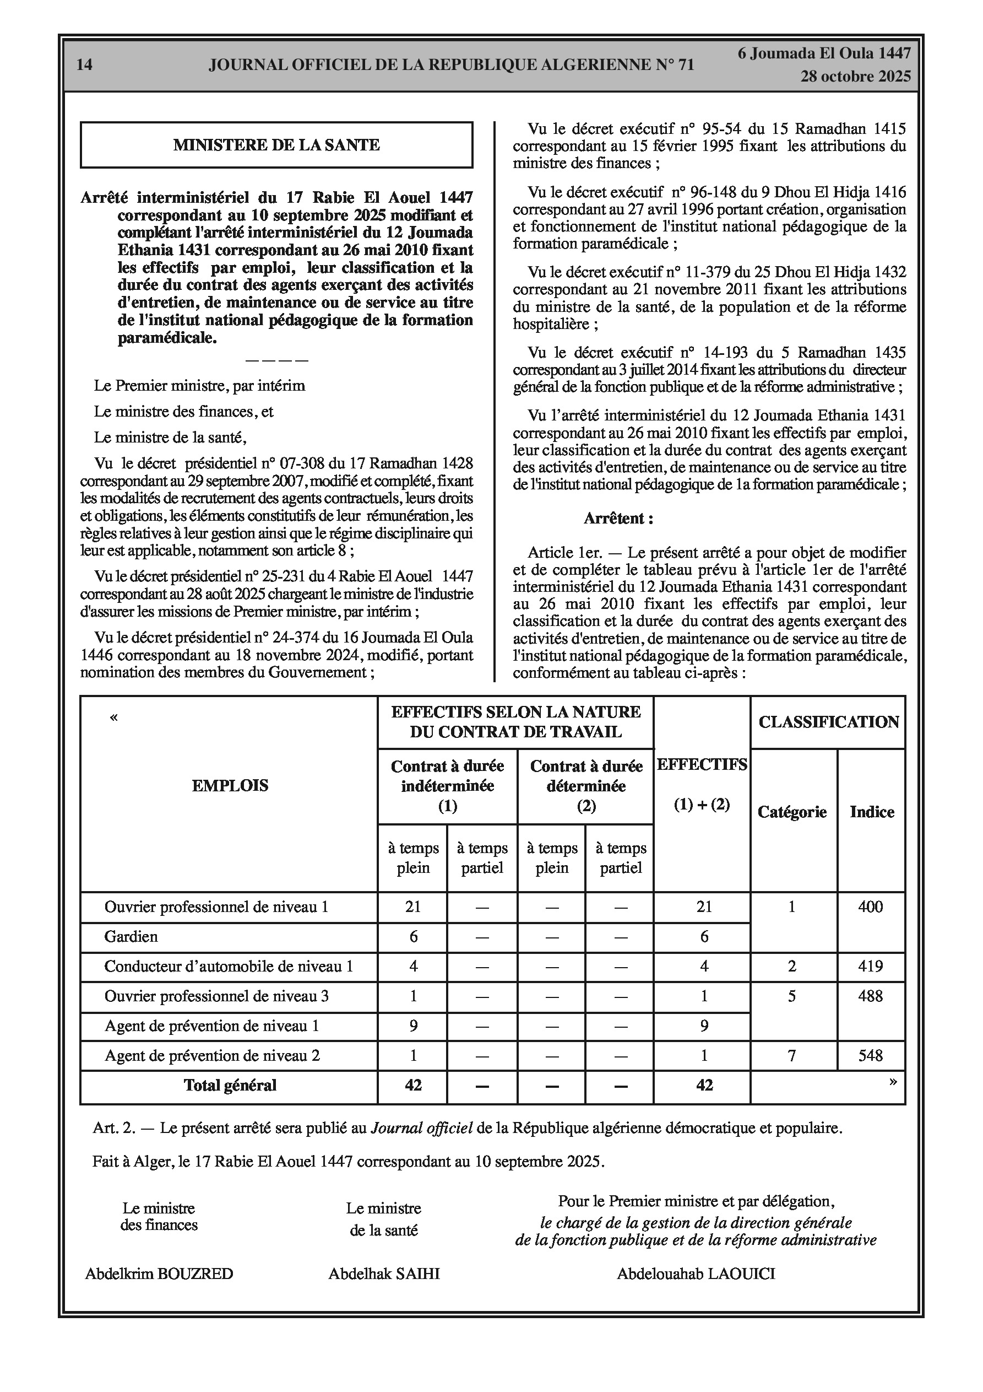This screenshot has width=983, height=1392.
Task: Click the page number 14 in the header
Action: [85, 65]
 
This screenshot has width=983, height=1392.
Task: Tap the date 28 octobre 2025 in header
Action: [855, 77]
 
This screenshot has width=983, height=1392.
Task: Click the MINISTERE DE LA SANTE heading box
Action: [276, 145]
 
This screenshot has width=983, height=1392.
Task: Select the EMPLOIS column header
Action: [230, 786]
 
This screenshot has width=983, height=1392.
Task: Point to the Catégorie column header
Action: [792, 812]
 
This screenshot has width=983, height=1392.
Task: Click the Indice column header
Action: [872, 812]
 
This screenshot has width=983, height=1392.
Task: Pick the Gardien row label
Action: [131, 937]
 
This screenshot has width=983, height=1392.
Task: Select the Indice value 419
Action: [870, 967]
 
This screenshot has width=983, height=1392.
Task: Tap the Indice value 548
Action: [870, 1055]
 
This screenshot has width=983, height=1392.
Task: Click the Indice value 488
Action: [870, 996]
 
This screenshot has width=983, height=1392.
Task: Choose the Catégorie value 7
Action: [791, 1055]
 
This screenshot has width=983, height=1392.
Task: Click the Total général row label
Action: [230, 1085]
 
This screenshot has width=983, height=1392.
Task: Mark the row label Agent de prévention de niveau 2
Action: [212, 1055]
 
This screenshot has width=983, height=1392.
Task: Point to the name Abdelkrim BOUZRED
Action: [159, 1274]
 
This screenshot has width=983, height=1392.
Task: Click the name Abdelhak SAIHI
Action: [384, 1274]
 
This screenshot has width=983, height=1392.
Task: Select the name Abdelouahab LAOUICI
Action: [696, 1274]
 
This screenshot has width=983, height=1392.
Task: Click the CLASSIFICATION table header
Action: [828, 722]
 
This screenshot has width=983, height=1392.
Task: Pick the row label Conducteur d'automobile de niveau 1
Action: [229, 967]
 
